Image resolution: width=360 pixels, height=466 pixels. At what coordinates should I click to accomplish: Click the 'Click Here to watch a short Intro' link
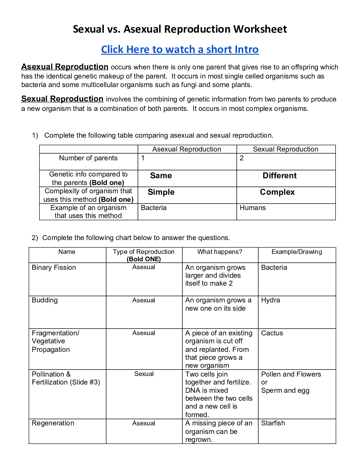click(x=180, y=49)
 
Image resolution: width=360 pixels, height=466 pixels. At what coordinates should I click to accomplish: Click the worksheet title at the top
click(x=180, y=29)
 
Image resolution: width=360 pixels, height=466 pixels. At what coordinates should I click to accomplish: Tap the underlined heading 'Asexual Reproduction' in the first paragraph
click(x=65, y=67)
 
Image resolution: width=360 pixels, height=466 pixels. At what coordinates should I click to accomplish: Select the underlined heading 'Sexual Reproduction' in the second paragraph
click(x=62, y=99)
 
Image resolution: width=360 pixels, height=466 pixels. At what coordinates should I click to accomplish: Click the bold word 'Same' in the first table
click(x=161, y=176)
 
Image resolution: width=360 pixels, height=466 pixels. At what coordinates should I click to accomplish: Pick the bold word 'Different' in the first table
click(x=279, y=176)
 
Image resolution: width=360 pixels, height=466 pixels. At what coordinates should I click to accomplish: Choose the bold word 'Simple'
click(x=161, y=192)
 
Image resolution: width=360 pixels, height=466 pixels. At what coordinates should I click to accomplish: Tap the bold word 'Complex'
click(x=277, y=192)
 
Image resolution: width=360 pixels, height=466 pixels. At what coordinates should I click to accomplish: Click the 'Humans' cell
click(x=253, y=208)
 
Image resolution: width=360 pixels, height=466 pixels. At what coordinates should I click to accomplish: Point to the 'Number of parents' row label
click(x=88, y=158)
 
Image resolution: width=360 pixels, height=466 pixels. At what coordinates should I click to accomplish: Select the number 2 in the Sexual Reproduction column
click(x=241, y=158)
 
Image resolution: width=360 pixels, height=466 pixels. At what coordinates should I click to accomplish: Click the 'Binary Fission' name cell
click(x=54, y=267)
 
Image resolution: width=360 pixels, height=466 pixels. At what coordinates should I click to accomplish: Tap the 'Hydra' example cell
click(x=271, y=300)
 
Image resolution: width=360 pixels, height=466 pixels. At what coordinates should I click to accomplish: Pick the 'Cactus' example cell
click(x=272, y=333)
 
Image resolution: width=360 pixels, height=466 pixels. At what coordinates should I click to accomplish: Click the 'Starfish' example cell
click(x=273, y=423)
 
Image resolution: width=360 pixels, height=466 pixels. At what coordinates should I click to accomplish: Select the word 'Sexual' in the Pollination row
click(x=144, y=374)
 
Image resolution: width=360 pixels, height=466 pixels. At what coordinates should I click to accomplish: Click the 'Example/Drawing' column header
click(x=296, y=252)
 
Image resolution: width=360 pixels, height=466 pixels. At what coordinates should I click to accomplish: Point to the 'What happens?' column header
click(x=220, y=252)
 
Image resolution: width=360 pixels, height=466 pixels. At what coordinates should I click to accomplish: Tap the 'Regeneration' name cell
click(x=53, y=423)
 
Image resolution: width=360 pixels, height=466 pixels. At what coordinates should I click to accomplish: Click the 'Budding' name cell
click(x=45, y=300)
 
